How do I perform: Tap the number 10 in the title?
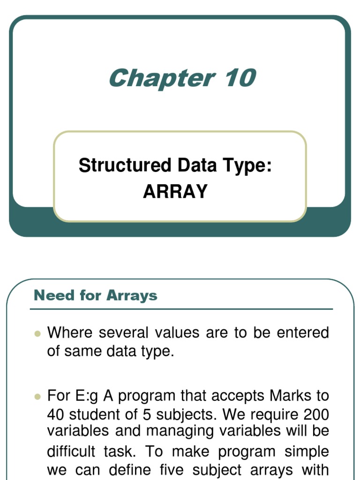pos(240,78)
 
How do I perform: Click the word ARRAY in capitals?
pos(175,191)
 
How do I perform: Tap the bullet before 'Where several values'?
pos(38,334)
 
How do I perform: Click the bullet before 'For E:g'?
pos(38,397)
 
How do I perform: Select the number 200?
pos(316,414)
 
